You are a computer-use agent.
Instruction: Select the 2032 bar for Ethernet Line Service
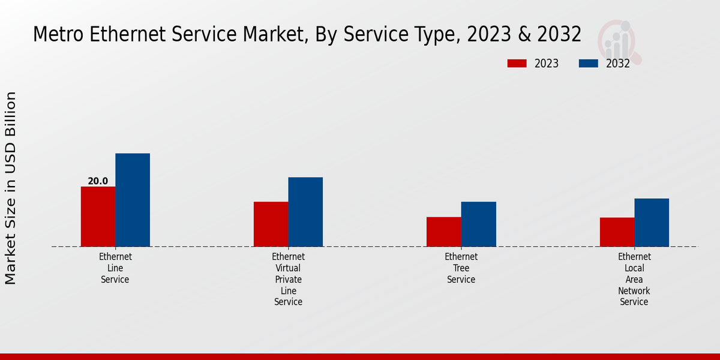tap(133, 200)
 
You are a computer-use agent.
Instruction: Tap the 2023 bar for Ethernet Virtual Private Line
tap(271, 224)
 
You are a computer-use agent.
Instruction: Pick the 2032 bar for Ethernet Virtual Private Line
tap(305, 212)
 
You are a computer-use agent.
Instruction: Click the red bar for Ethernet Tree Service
tap(444, 232)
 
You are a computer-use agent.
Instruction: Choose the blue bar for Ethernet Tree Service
tap(479, 224)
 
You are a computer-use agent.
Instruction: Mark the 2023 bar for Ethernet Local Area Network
tap(617, 232)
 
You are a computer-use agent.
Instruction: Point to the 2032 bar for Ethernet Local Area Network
tap(652, 222)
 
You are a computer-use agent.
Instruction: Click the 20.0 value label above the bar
tap(98, 181)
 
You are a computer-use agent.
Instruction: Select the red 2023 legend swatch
tap(517, 64)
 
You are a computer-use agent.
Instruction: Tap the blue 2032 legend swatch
tap(589, 64)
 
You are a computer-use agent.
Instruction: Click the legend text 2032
tap(618, 64)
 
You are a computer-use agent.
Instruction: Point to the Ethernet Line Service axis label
tap(115, 268)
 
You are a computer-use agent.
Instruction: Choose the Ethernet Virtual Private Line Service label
tap(288, 279)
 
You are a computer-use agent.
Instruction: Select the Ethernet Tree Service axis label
tap(461, 268)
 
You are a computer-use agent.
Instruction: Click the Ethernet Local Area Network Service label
tap(634, 279)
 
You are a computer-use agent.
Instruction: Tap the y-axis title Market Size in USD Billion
tap(11, 188)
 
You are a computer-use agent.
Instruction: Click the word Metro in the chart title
tap(58, 34)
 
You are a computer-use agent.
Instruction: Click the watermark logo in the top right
tap(619, 41)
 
